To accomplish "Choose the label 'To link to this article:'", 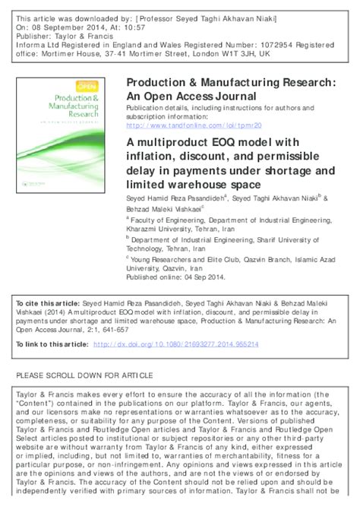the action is (x=52, y=344).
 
